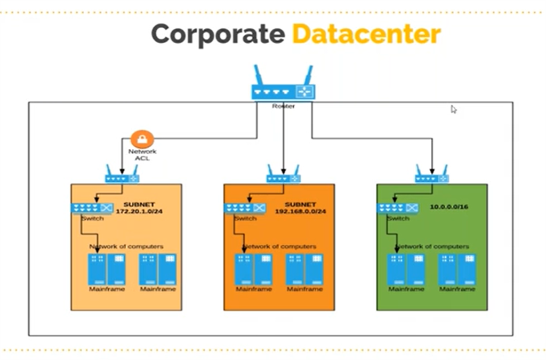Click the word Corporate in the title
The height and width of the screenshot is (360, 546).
click(x=218, y=35)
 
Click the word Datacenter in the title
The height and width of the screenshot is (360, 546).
click(x=366, y=35)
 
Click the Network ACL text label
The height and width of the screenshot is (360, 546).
click(x=142, y=155)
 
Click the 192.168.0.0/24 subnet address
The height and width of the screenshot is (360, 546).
click(x=300, y=211)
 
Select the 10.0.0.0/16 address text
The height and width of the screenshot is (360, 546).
click(x=449, y=207)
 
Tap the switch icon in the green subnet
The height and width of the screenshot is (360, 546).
click(x=397, y=208)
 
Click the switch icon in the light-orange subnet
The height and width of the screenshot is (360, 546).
click(x=91, y=208)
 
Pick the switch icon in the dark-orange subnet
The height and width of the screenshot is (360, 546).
click(x=245, y=208)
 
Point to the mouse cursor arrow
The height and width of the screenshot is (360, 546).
click(x=453, y=109)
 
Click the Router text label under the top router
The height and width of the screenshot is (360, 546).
click(x=283, y=106)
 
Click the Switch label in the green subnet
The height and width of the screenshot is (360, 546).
click(x=398, y=218)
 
